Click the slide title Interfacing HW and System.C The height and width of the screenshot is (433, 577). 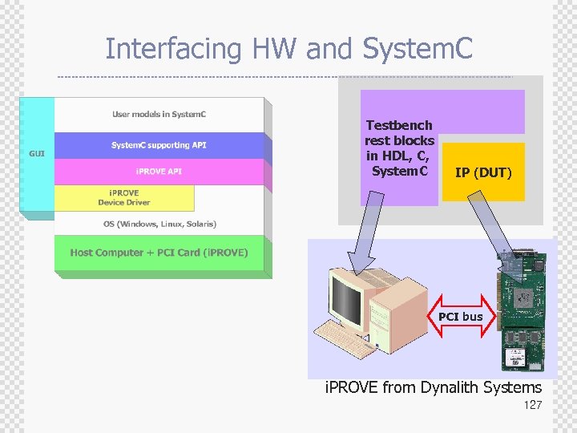click(x=288, y=49)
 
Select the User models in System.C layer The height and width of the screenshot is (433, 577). click(x=159, y=115)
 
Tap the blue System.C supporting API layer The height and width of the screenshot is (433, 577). click(x=159, y=145)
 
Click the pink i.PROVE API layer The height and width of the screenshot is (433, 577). click(x=159, y=172)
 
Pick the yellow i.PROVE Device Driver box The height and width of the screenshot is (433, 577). click(x=123, y=197)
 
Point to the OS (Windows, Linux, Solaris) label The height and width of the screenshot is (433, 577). click(x=159, y=224)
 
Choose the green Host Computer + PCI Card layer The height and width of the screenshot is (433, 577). click(x=159, y=253)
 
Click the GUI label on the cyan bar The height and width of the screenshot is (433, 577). click(x=37, y=152)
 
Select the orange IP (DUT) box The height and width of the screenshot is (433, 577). click(x=482, y=172)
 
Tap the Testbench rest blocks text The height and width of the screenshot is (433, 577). click(x=399, y=148)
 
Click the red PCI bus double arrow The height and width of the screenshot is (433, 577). click(x=460, y=317)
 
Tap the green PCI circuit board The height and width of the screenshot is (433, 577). click(x=525, y=313)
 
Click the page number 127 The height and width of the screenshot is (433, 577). click(x=532, y=405)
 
